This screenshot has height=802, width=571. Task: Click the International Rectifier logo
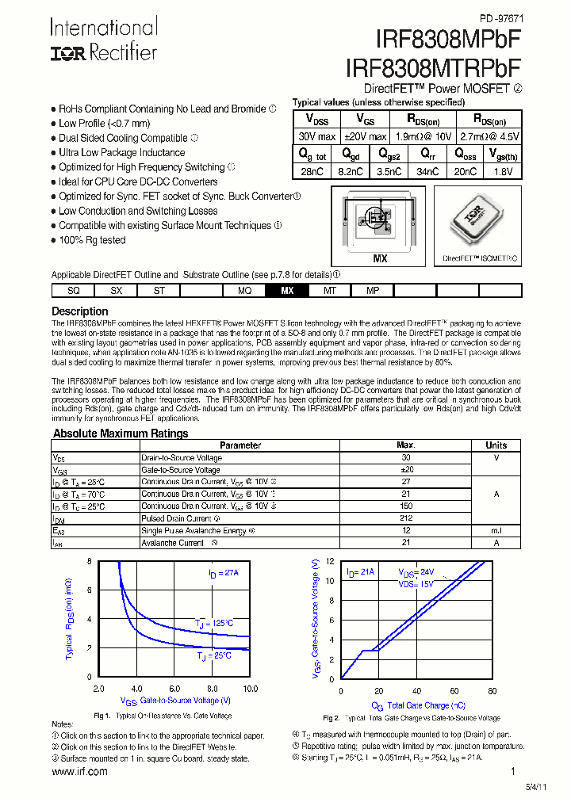click(104, 40)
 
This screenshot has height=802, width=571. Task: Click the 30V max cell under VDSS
click(316, 136)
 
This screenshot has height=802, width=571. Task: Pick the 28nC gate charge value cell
click(311, 171)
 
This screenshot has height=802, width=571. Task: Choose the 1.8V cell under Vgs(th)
click(502, 171)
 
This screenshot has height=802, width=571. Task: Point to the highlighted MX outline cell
click(287, 291)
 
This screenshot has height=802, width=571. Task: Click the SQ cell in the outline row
click(73, 291)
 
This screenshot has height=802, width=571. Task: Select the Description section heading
click(79, 311)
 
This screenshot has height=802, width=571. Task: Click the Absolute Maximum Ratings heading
click(121, 433)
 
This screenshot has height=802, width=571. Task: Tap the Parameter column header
click(240, 445)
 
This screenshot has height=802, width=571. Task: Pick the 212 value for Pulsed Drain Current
click(406, 518)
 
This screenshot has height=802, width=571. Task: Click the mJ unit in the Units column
click(496, 530)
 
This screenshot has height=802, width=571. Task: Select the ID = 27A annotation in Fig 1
click(224, 572)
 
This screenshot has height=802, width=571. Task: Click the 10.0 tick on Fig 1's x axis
click(250, 689)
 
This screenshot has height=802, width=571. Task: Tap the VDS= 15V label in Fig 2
click(416, 583)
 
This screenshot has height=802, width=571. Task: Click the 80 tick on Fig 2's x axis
click(492, 690)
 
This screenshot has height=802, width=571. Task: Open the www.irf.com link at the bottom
click(79, 771)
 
